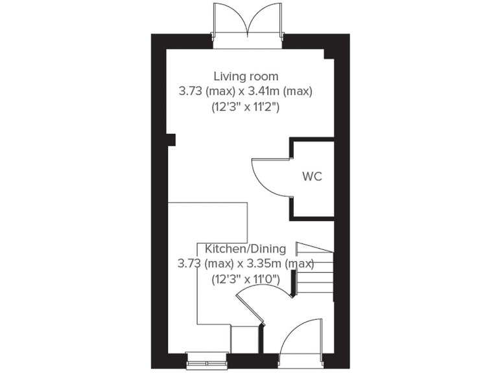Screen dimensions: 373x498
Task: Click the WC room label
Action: (x=312, y=176)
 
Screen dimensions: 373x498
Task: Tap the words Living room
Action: (x=246, y=76)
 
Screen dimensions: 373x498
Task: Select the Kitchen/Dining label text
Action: (x=245, y=249)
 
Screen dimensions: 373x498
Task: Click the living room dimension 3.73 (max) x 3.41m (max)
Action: (x=246, y=91)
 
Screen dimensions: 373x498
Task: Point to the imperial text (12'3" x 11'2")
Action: (x=246, y=107)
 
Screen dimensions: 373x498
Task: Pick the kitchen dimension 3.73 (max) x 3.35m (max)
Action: (x=245, y=264)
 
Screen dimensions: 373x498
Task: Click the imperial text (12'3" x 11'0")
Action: (x=245, y=280)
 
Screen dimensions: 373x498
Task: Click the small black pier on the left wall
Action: (x=171, y=139)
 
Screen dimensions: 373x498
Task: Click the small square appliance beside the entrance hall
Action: (x=245, y=338)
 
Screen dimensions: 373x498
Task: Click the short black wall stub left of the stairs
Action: (x=293, y=283)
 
